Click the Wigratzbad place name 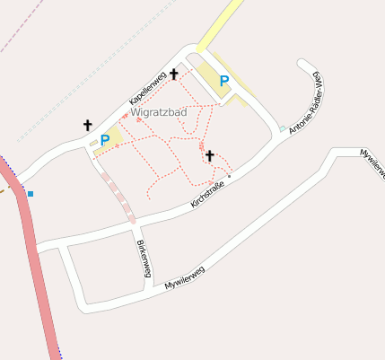pos(158,113)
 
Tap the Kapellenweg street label pos(147,86)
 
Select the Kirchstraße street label pos(207,194)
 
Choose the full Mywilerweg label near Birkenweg pos(185,277)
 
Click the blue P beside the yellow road pos(224,81)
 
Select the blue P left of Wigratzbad pos(105,139)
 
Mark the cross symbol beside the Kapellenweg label pos(174,74)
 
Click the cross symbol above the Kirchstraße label pos(210,155)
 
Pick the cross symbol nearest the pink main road pos(87,125)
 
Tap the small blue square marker pos(31,193)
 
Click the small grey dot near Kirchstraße pos(230,177)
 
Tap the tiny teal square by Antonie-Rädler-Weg pos(283,128)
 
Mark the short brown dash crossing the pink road pos(4,189)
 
